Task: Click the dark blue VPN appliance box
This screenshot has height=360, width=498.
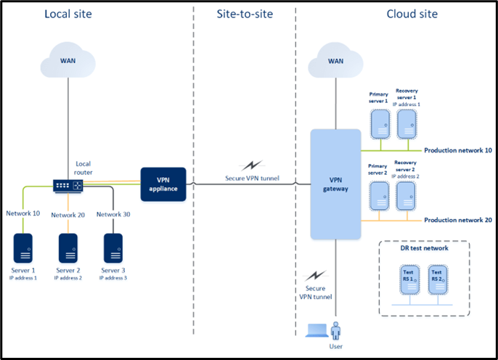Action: [163, 184]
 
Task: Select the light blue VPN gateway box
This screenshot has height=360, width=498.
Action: [335, 184]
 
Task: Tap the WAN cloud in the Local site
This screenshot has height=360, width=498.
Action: [68, 60]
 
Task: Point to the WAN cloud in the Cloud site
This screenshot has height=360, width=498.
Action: [335, 60]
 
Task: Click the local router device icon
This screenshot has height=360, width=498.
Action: [68, 186]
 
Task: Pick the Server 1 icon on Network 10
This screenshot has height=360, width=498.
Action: [23, 248]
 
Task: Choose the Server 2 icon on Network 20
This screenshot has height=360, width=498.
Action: [68, 248]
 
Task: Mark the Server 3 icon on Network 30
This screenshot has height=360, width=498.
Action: [113, 248]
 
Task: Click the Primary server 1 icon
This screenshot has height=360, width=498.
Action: [380, 124]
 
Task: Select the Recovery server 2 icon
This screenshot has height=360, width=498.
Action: [406, 196]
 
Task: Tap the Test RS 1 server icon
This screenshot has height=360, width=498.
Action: [409, 279]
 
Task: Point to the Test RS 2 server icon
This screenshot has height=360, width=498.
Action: [438, 279]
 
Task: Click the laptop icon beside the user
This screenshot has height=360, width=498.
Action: [317, 330]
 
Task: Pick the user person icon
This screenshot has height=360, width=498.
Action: [335, 331]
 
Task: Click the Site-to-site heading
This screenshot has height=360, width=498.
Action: [245, 14]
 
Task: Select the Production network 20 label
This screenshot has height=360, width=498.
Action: [458, 220]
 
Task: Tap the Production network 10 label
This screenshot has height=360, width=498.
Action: [458, 150]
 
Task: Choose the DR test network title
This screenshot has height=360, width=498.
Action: [424, 248]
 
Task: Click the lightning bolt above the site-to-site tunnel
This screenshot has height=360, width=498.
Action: [252, 165]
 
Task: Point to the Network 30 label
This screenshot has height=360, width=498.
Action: [113, 214]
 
